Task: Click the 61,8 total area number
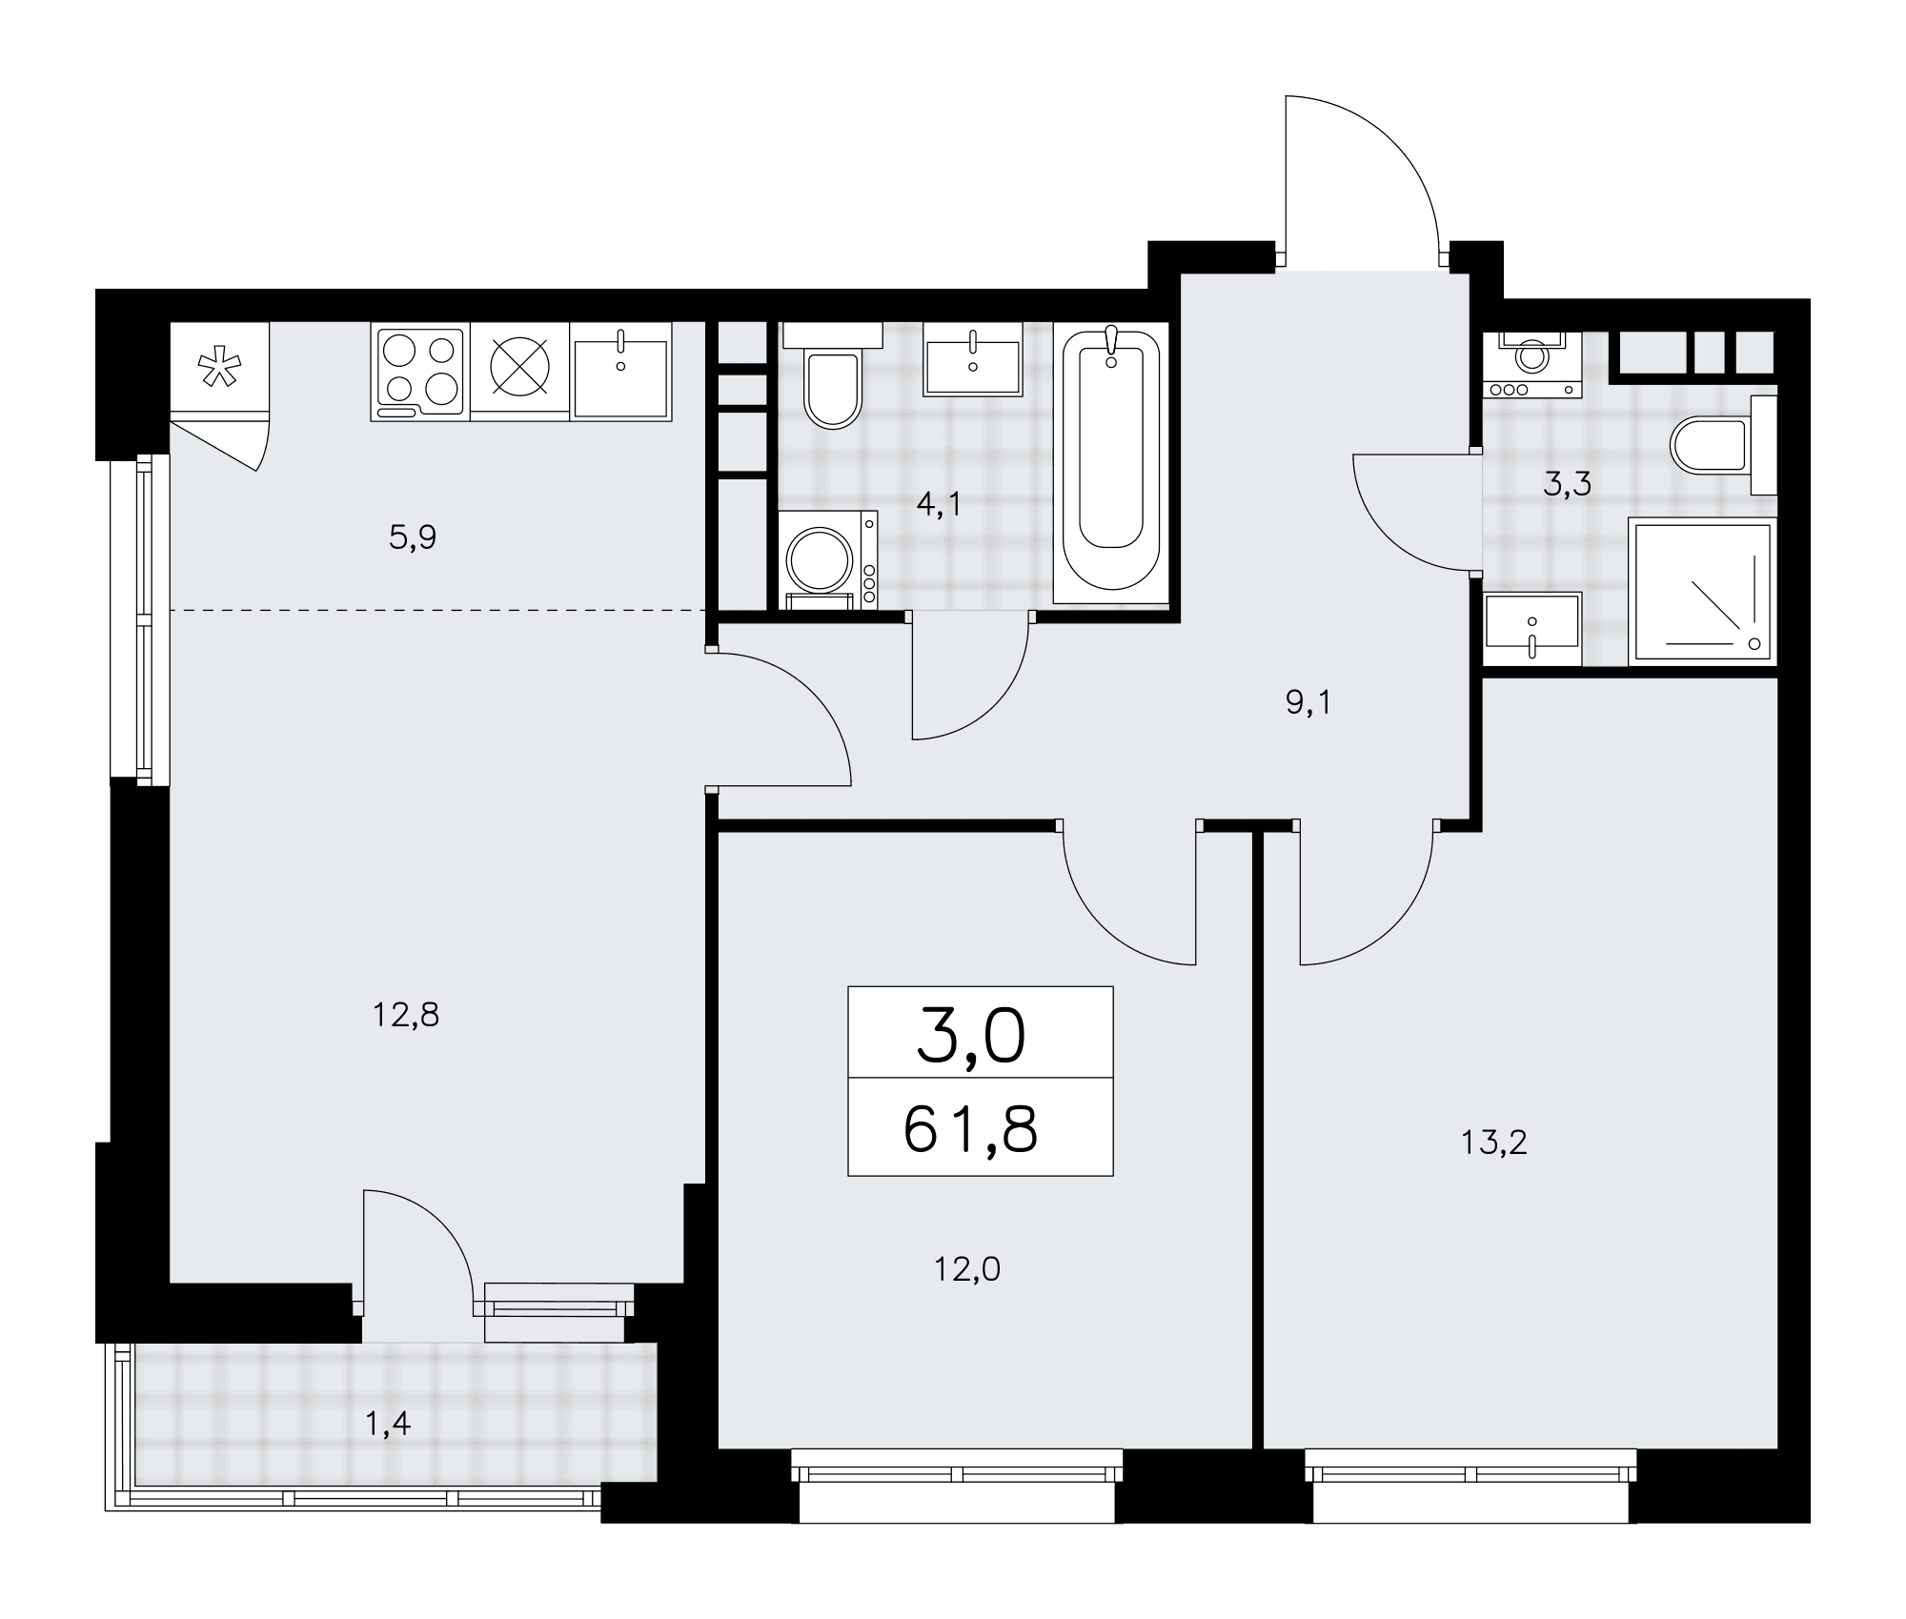(970, 1130)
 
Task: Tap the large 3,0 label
(971, 1037)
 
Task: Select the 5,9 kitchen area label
(413, 539)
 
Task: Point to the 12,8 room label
(406, 1016)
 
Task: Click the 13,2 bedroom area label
(1494, 1143)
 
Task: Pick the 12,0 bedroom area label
(967, 1269)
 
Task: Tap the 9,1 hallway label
(1308, 704)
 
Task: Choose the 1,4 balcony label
(388, 1424)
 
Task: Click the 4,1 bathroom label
(939, 505)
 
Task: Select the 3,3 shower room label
(1568, 485)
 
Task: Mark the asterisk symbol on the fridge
(219, 368)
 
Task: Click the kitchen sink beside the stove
(620, 372)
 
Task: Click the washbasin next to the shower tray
(1532, 629)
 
